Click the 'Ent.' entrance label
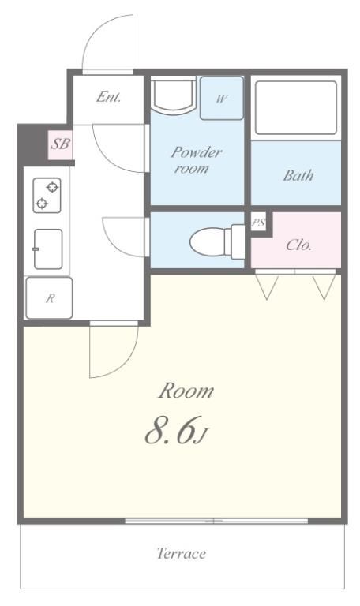pos(108,96)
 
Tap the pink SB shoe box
pos(61,145)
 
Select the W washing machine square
pos(222,98)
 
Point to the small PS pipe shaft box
pos(258,223)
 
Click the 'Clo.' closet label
pos(299,245)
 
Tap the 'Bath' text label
pos(298,175)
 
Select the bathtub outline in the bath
pos(296,108)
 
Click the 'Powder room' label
pos(196,160)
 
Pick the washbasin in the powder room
pos(173,95)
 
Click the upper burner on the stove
pos(53,188)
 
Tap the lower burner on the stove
pos(41,203)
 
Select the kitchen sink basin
pos(48,249)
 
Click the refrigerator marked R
pos(49,298)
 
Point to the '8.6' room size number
pos(170,431)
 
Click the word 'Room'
pos(186,391)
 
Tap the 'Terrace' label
pos(182,553)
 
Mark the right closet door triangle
pos(324,286)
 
